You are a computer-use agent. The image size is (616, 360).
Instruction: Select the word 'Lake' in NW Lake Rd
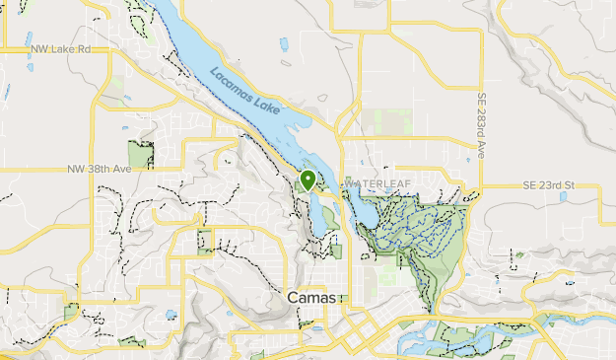(x=62, y=47)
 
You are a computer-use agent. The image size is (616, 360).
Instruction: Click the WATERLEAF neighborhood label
(x=374, y=184)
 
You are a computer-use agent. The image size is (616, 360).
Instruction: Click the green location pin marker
(x=308, y=180)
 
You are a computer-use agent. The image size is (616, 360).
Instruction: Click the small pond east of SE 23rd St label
(x=563, y=196)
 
